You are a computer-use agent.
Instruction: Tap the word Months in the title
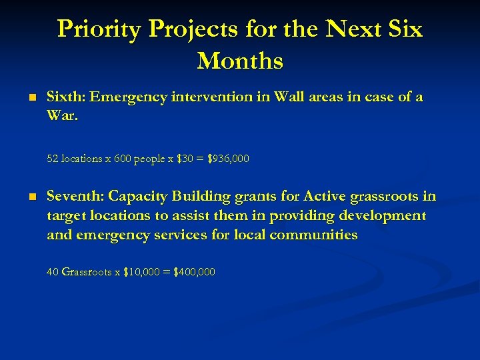coord(240,61)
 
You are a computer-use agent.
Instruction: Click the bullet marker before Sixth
coord(30,97)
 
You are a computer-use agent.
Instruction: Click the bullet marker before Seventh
coord(30,197)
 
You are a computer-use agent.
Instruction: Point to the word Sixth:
coord(65,97)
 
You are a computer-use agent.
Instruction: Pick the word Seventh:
coord(75,197)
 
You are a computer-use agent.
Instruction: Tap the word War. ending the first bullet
coord(62,116)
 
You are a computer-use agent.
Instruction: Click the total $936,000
coord(229,159)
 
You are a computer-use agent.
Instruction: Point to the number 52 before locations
coord(53,159)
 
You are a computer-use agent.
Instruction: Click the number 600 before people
coord(122,159)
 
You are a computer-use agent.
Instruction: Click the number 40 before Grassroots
coord(53,272)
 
